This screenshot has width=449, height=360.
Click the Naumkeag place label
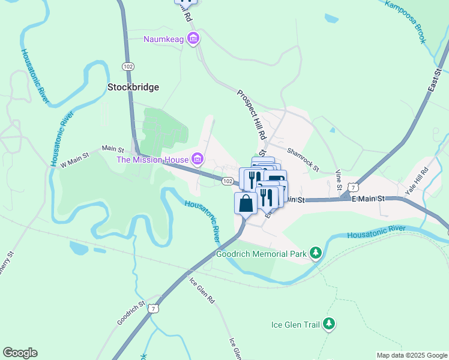pos(164,40)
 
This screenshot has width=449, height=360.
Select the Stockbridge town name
pos(133,87)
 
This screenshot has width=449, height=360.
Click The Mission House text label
pos(152,160)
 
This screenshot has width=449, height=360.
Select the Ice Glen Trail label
pos(295,325)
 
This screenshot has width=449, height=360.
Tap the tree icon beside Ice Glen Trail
pos(328,325)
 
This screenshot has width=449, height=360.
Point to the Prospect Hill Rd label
pos(252,115)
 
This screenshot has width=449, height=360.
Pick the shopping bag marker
pos(246,203)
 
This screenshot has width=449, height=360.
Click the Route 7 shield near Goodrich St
pos(155,308)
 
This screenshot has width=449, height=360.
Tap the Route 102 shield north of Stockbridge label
pos(127,65)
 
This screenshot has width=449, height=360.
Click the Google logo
pos(20,353)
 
